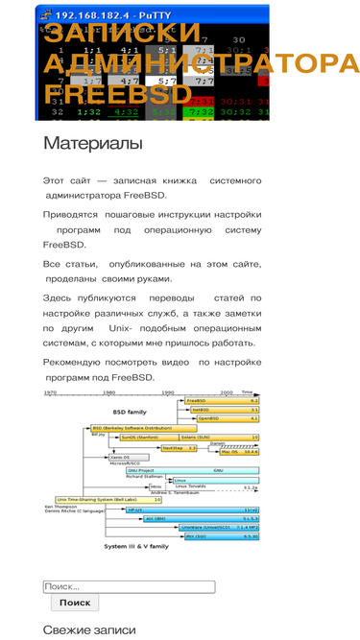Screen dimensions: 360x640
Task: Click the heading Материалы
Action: [x=92, y=144]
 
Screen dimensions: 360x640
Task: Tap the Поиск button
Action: [x=74, y=603]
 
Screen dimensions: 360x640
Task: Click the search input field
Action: [x=128, y=586]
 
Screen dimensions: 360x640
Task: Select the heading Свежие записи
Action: [x=89, y=629]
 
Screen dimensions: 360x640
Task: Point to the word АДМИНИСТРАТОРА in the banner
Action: [x=202, y=64]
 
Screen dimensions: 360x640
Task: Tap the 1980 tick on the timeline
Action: [x=109, y=392]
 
